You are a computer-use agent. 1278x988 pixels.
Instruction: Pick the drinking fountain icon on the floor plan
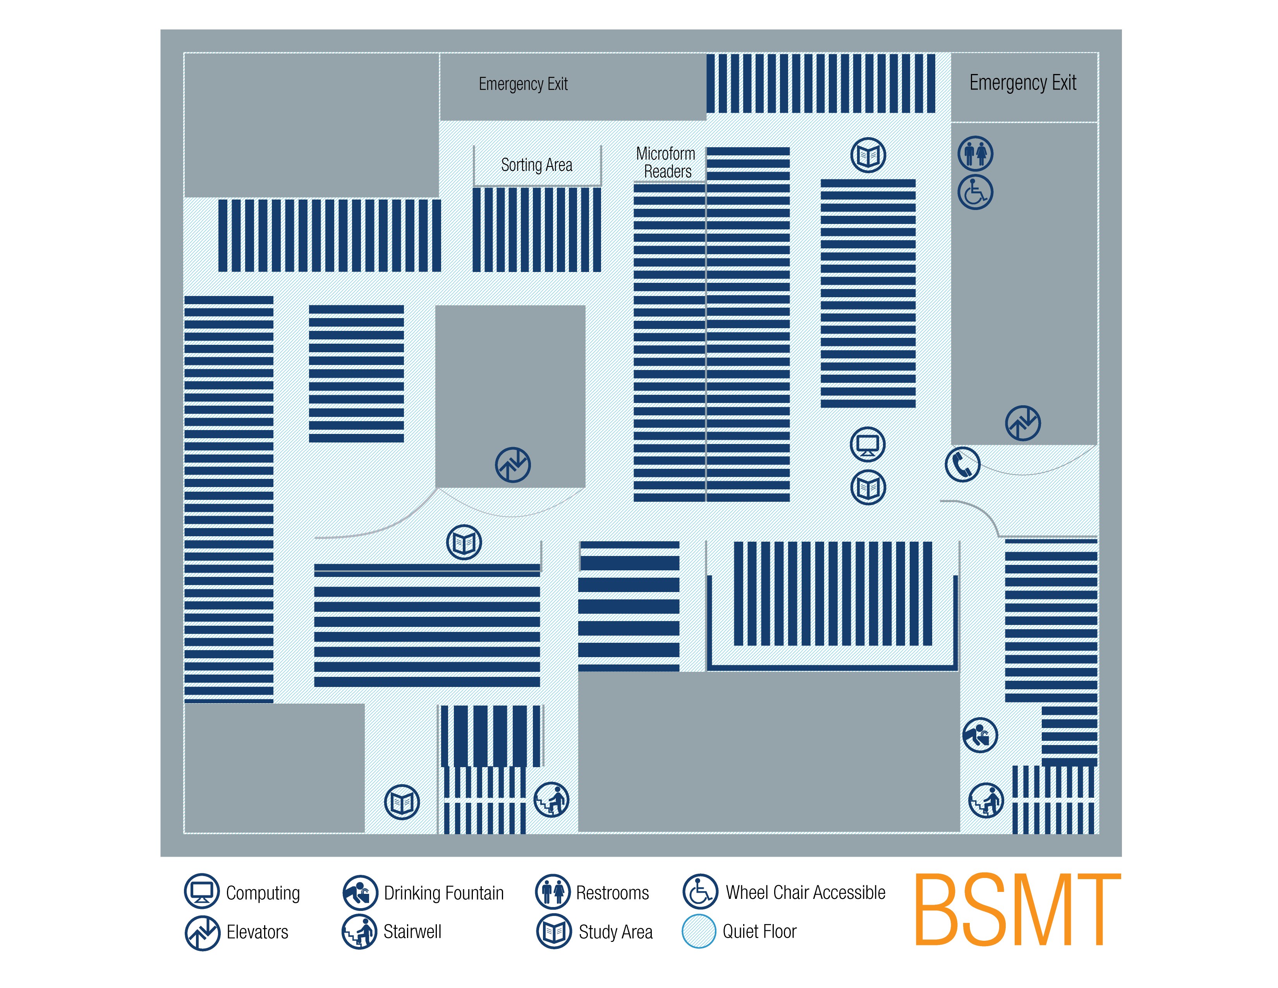(980, 735)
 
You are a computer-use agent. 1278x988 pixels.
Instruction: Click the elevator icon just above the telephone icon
(1023, 423)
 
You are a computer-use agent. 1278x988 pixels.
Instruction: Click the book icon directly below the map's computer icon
(868, 487)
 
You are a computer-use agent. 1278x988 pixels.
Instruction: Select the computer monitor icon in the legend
(202, 891)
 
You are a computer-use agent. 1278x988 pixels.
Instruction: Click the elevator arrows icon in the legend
(203, 933)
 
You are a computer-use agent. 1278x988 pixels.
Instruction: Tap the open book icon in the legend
(553, 931)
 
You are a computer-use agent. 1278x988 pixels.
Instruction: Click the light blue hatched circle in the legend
(699, 931)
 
